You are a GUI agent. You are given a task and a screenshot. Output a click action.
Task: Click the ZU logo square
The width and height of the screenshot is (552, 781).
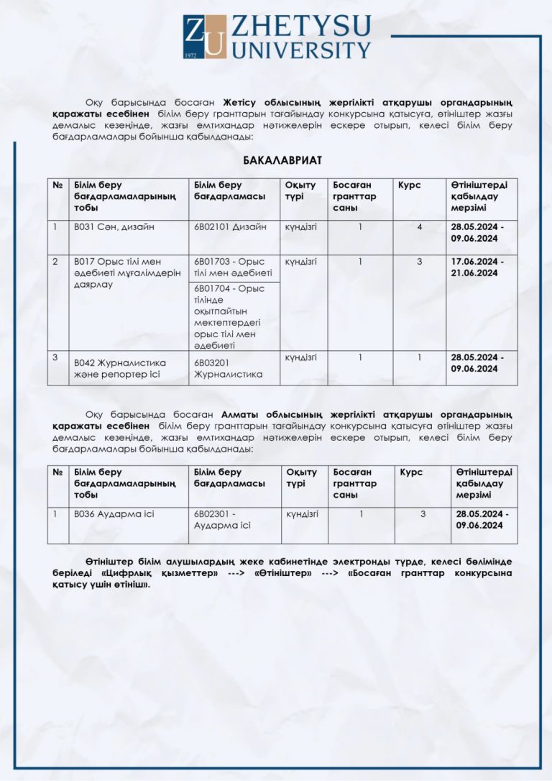pyautogui.click(x=205, y=37)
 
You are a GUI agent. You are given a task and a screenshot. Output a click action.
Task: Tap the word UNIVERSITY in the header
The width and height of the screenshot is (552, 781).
pyautogui.click(x=300, y=50)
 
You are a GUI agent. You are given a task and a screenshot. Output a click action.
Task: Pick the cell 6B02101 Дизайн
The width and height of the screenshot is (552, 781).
pyautogui.click(x=230, y=227)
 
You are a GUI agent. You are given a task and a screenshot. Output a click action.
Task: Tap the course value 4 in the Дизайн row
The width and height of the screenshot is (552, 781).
pyautogui.click(x=419, y=227)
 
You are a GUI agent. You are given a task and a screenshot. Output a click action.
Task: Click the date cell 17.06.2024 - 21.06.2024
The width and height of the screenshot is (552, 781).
pyautogui.click(x=477, y=267)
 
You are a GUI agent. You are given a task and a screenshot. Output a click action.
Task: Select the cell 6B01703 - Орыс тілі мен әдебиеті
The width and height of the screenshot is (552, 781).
pyautogui.click(x=233, y=267)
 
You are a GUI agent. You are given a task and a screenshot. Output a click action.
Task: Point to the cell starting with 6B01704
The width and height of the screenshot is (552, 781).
pyautogui.click(x=233, y=316)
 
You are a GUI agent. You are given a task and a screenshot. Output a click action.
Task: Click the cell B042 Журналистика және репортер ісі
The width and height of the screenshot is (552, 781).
pyautogui.click(x=119, y=368)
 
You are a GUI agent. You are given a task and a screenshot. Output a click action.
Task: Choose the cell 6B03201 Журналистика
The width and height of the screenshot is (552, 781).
pyautogui.click(x=228, y=368)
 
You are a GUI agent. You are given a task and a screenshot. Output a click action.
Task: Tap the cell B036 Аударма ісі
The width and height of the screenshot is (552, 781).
pyautogui.click(x=114, y=513)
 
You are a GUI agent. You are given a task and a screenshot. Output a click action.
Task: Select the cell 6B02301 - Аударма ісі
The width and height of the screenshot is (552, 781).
pyautogui.click(x=222, y=519)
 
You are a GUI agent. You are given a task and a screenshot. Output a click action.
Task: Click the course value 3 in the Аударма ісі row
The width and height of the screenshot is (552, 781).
pyautogui.click(x=423, y=513)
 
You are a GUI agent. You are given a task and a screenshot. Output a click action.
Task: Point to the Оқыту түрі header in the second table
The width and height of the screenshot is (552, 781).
pyautogui.click(x=301, y=478)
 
